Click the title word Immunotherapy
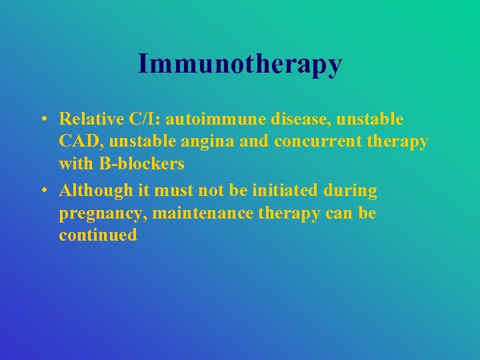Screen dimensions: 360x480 (240, 64)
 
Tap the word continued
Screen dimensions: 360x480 (98, 235)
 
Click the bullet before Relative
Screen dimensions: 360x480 (42, 120)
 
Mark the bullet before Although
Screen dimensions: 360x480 (42, 191)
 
